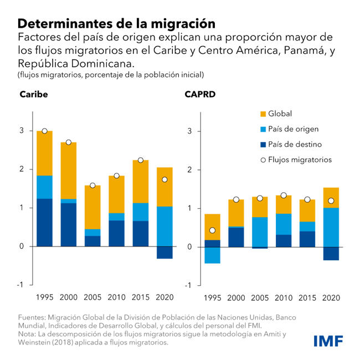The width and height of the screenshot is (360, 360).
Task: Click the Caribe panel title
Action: pyautogui.click(x=34, y=94)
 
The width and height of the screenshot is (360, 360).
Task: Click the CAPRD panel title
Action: pyautogui.click(x=200, y=94)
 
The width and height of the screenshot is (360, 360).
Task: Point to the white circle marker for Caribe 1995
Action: pyautogui.click(x=45, y=131)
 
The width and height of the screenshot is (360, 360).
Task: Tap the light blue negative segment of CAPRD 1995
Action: pyautogui.click(x=213, y=255)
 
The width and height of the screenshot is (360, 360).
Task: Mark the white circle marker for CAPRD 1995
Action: pyautogui.click(x=213, y=230)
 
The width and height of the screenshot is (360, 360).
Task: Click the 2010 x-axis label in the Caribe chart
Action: pyautogui.click(x=116, y=297)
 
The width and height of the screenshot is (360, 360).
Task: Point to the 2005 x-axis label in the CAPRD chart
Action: pyautogui.click(x=260, y=297)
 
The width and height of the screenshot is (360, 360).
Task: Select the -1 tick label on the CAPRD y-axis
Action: pyautogui.click(x=188, y=285)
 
